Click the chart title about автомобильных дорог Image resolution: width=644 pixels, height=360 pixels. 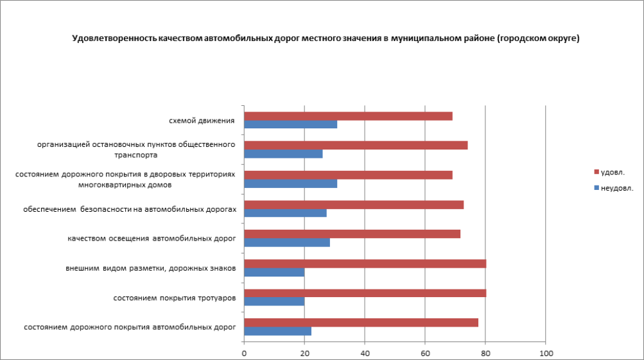[x=326, y=39]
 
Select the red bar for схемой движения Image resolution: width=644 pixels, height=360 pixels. [x=348, y=116]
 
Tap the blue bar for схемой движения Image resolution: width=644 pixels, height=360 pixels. [x=291, y=124]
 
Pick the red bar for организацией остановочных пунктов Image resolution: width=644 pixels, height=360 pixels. [x=356, y=145]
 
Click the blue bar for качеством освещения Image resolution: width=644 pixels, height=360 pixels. [x=287, y=243]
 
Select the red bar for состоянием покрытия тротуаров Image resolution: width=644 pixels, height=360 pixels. [x=365, y=293]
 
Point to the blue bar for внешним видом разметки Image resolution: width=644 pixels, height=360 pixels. [x=274, y=272]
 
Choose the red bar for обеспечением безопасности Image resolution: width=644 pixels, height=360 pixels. [x=354, y=205]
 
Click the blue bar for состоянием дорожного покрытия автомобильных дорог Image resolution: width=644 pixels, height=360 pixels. [x=277, y=331]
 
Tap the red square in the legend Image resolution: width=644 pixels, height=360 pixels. [x=596, y=172]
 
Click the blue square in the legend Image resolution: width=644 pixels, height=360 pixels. [x=596, y=188]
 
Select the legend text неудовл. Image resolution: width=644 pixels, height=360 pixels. [x=617, y=188]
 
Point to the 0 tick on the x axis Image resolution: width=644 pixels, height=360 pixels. [x=244, y=352]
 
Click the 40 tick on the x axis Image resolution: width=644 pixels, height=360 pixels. [x=365, y=352]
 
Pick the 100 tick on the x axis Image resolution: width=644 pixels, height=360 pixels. [x=545, y=352]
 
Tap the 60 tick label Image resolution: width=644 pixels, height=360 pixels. [x=425, y=352]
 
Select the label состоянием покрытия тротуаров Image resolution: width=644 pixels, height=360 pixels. [x=174, y=298]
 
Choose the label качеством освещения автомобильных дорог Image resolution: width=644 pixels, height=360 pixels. [x=152, y=239]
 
